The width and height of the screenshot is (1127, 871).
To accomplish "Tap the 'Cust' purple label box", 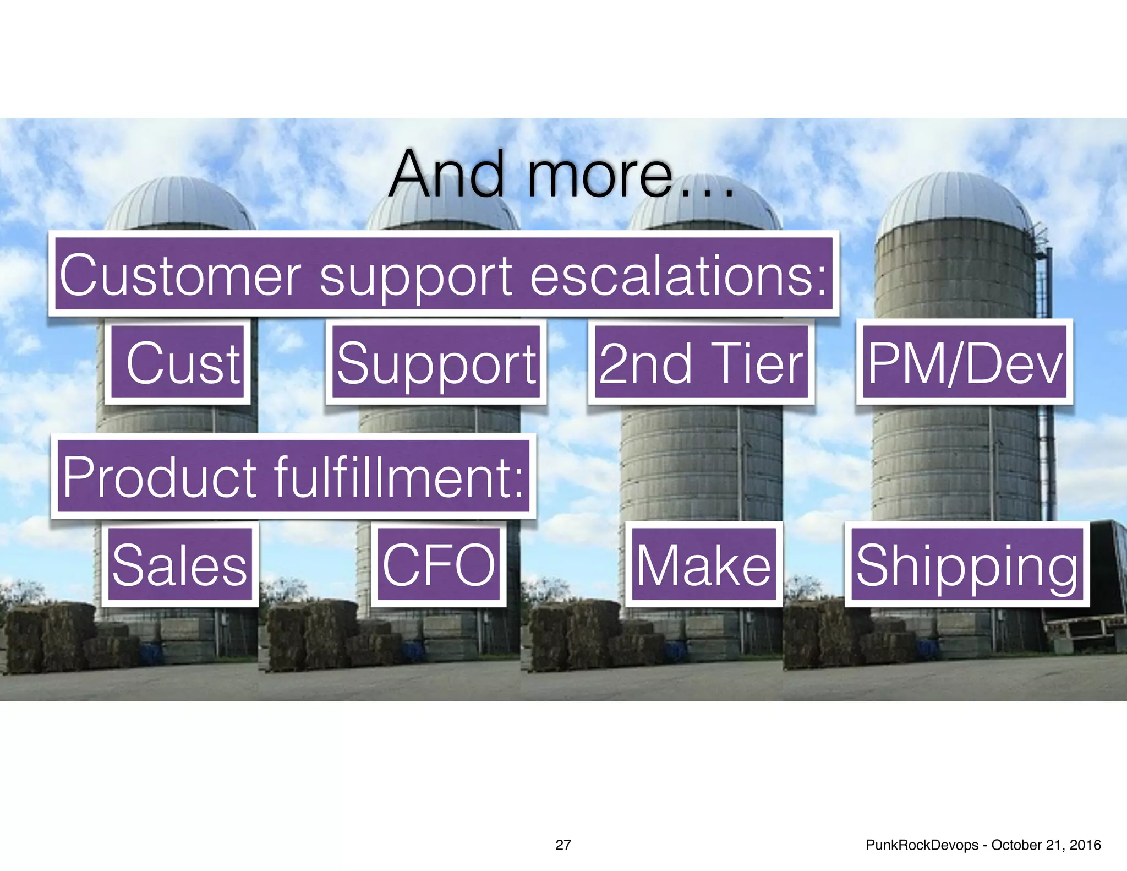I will click(178, 362).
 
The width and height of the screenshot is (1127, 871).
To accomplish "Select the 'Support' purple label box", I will click(436, 362).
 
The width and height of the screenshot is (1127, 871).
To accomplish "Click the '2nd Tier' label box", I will click(701, 362).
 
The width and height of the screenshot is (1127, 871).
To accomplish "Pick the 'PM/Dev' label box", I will click(964, 362).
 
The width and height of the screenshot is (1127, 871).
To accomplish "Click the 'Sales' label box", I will click(180, 564).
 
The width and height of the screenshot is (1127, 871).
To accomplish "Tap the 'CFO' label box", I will click(439, 564).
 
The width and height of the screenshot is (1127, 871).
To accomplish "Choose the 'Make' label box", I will click(704, 564).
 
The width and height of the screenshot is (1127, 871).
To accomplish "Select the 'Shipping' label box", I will click(967, 564).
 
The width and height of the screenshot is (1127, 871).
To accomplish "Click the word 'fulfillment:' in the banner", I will click(399, 476).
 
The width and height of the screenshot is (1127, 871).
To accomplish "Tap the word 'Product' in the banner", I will click(160, 476).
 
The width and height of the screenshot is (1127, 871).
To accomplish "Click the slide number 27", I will click(563, 845).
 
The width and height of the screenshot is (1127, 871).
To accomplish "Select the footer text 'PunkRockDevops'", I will click(922, 845).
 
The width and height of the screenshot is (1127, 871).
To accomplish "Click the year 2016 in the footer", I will click(1085, 845).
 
